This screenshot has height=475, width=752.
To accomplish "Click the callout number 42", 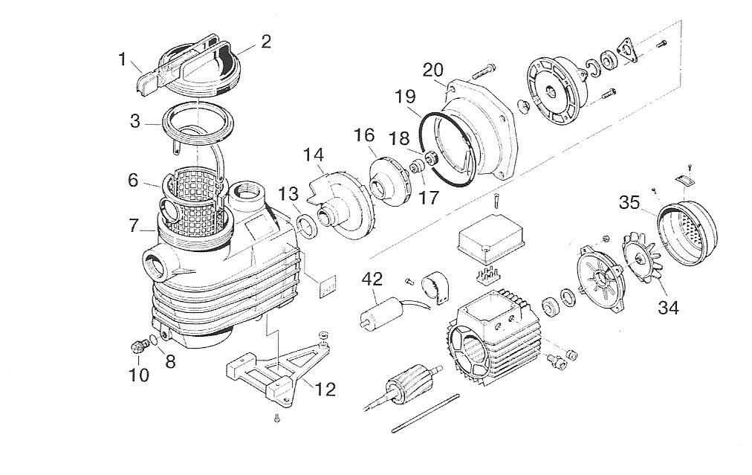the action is pyautogui.click(x=372, y=279).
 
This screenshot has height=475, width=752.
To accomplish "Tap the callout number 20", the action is pyautogui.click(x=433, y=70).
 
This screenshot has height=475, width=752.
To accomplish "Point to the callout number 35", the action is pyautogui.click(x=629, y=202).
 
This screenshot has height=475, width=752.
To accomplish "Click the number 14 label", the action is pyautogui.click(x=313, y=155).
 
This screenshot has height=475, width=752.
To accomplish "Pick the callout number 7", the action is pyautogui.click(x=134, y=225).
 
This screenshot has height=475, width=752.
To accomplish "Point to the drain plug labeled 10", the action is pyautogui.click(x=138, y=346).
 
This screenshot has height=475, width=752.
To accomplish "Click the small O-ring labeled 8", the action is pyautogui.click(x=153, y=340).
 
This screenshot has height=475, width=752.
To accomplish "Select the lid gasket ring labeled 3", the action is pyautogui.click(x=198, y=123).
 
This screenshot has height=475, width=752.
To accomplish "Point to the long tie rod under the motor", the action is pyautogui.click(x=425, y=413).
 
